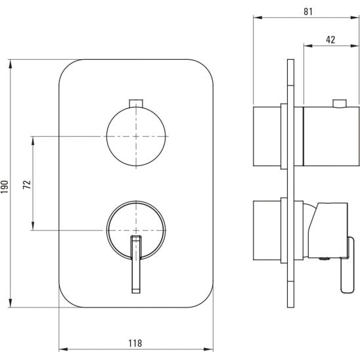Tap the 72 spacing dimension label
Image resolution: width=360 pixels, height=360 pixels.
(x=27, y=185)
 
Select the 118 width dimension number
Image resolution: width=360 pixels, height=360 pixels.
(x=135, y=343)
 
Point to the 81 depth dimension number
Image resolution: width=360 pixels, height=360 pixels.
(x=308, y=11)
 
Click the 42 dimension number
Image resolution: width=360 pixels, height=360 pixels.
(x=330, y=39)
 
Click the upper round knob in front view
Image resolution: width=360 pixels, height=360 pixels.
(x=136, y=137)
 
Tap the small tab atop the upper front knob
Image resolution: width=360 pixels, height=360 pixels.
(x=136, y=103)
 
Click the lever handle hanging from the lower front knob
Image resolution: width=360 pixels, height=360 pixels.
(x=136, y=264)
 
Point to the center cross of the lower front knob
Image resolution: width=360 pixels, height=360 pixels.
(x=136, y=230)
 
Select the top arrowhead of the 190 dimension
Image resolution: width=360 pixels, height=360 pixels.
(x=11, y=64)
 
